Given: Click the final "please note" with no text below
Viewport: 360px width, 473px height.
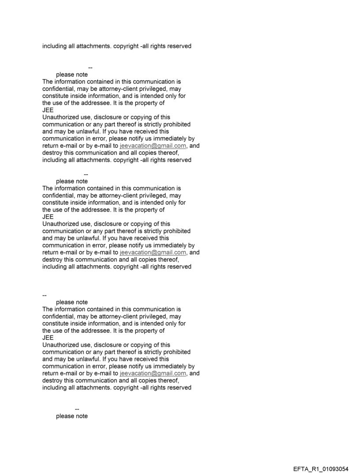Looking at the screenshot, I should pyautogui.click(x=71, y=416).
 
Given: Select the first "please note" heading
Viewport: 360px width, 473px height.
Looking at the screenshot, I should pyautogui.click(x=71, y=75).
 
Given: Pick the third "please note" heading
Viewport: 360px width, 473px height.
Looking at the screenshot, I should pyautogui.click(x=71, y=302).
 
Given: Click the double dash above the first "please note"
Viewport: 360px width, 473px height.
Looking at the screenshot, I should pyautogui.click(x=90, y=67).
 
